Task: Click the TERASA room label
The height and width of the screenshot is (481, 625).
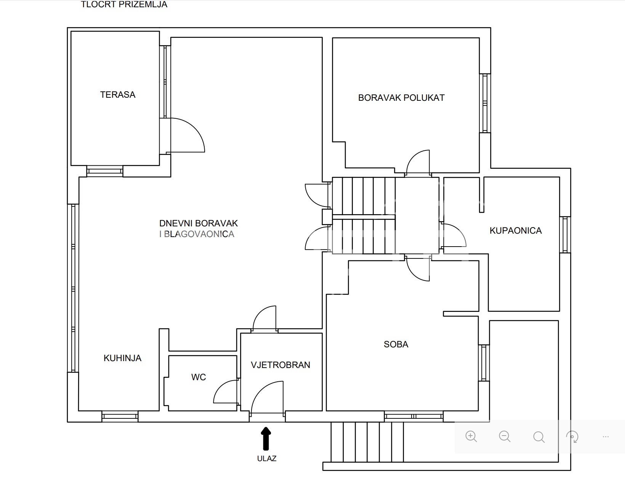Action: tap(118, 95)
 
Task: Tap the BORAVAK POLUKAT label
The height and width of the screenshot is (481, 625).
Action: tap(401, 98)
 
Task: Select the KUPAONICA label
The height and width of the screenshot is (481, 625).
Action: tap(516, 231)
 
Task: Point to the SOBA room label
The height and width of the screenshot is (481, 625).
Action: tap(396, 344)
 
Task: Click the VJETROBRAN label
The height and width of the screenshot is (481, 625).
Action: tap(280, 365)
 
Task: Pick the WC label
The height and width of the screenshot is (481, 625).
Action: tap(199, 377)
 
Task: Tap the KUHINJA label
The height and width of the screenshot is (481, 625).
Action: tap(123, 358)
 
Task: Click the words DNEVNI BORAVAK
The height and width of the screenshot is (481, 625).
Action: tap(199, 223)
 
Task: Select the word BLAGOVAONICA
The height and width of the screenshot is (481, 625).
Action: tap(199, 234)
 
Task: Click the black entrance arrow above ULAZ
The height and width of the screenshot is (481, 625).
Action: tap(266, 438)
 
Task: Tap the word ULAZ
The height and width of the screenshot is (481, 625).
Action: tap(267, 458)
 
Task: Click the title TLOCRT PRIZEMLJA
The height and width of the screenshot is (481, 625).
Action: tap(124, 4)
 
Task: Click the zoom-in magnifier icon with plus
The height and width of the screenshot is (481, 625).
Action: tap(471, 437)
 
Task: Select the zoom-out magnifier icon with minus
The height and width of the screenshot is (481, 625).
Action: tap(505, 437)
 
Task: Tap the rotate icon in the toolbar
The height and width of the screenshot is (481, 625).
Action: tap(572, 437)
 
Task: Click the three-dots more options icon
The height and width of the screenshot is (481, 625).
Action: tap(606, 437)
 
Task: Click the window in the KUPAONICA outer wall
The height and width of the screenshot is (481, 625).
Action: tap(565, 235)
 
